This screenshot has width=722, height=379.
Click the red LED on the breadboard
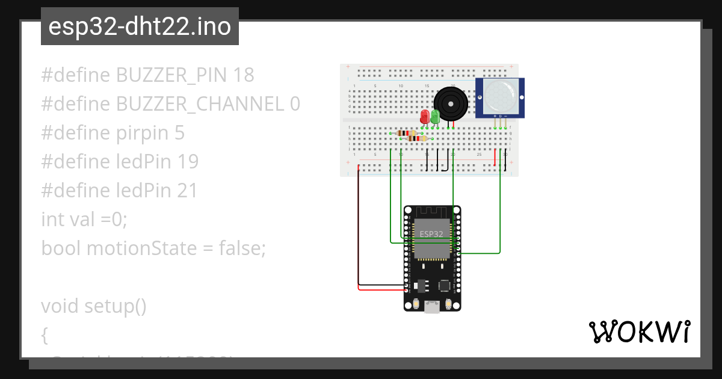click(425, 116)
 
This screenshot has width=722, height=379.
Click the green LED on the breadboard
click(435, 116)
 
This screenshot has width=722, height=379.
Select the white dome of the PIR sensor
click(499, 96)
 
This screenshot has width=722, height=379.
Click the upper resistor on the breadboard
click(407, 133)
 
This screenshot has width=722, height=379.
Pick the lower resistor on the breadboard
click(416, 138)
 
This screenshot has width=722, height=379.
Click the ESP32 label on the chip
click(431, 233)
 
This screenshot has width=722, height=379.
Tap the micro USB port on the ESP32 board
click(431, 307)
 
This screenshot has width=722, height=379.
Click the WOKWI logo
click(639, 331)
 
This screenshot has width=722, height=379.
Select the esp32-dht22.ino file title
click(140, 27)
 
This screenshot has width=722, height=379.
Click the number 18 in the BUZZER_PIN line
click(244, 75)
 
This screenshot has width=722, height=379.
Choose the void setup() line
click(94, 306)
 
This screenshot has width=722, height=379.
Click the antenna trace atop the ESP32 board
click(431, 212)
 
